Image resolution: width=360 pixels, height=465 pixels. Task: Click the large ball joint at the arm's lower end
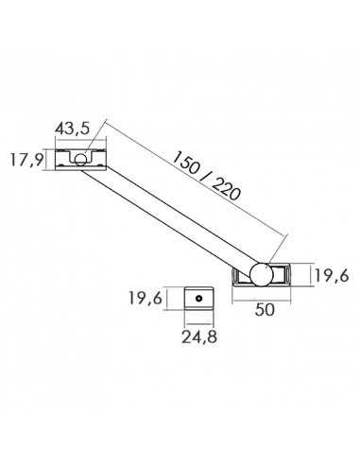(x=260, y=273)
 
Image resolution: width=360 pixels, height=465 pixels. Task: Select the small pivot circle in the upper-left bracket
(x=81, y=159)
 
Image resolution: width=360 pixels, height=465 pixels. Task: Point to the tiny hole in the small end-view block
(x=200, y=298)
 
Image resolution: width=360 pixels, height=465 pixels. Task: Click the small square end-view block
(x=200, y=299)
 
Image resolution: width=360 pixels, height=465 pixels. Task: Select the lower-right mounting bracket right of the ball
(x=283, y=274)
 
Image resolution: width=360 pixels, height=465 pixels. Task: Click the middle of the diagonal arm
(x=170, y=216)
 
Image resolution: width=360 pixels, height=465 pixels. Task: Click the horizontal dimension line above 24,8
(x=200, y=320)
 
